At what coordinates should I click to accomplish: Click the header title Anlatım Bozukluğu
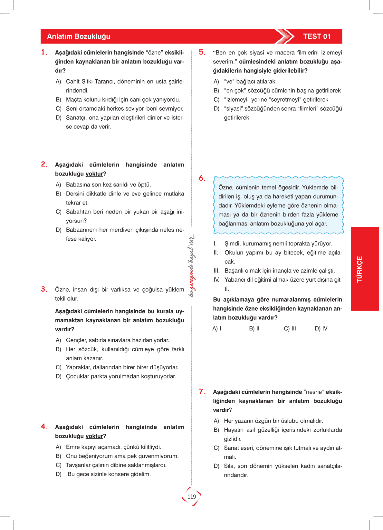[79, 36]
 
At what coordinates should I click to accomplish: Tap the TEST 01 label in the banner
[317, 36]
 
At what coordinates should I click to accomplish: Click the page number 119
[192, 497]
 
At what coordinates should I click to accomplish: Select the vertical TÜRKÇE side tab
[359, 269]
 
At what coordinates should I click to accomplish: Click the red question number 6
[202, 178]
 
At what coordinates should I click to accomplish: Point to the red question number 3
[44, 289]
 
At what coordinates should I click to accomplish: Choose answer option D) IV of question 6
[321, 328]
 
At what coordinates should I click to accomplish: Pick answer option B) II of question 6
[254, 328]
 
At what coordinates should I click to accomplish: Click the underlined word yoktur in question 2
[94, 174]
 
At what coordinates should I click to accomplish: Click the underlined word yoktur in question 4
[94, 436]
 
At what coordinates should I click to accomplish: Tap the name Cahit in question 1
[73, 82]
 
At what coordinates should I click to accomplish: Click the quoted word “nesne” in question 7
[314, 392]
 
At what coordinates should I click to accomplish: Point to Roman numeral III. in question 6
[216, 271]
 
